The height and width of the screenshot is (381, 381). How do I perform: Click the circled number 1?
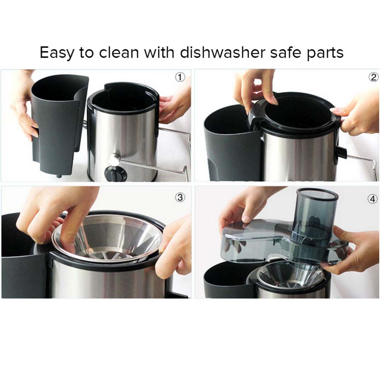click(180, 77)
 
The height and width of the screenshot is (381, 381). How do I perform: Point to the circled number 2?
click(373, 77)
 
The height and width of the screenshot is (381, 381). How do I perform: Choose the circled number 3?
click(180, 197)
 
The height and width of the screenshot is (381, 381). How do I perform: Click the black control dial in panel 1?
click(115, 174)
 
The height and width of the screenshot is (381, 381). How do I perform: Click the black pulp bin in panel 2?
click(229, 148)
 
